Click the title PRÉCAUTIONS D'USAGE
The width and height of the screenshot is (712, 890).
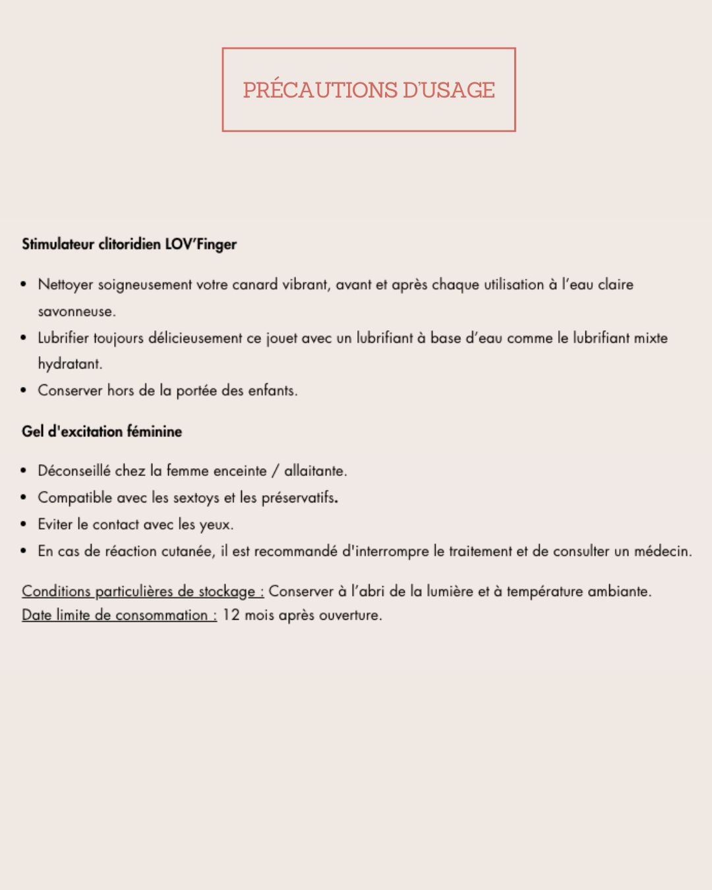(x=369, y=90)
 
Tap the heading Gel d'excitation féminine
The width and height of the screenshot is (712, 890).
(x=102, y=432)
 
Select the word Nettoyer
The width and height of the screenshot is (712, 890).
(x=65, y=285)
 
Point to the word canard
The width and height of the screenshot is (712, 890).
(x=254, y=285)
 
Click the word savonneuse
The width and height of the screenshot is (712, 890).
(x=76, y=311)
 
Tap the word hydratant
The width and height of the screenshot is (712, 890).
(x=69, y=364)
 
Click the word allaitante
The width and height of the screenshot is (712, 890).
(x=315, y=471)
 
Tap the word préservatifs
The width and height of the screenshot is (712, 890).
(x=299, y=498)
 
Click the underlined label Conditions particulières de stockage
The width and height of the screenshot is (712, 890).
(x=142, y=591)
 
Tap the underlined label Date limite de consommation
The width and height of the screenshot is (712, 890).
(x=119, y=615)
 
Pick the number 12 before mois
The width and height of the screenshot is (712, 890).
(x=231, y=615)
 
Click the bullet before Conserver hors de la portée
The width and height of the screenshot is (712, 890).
(x=24, y=391)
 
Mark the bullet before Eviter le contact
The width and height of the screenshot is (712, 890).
(x=24, y=525)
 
